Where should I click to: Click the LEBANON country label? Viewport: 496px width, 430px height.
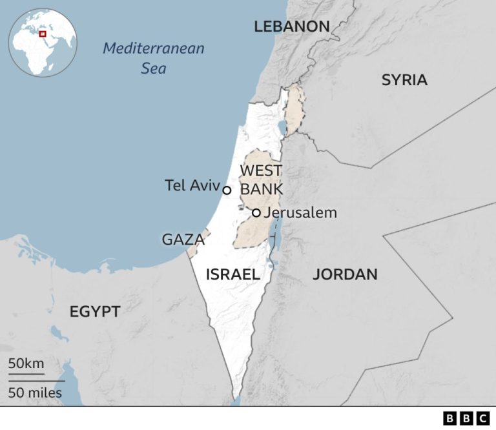[x=292, y=26]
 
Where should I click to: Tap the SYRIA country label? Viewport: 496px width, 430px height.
[x=404, y=80]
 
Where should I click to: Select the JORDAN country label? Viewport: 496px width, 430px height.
[x=345, y=274]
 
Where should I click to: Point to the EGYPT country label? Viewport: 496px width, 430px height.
[x=95, y=311]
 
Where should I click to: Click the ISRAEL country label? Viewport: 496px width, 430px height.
[x=233, y=274]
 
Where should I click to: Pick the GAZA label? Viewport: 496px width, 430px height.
[x=183, y=240]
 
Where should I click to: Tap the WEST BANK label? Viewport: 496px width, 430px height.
[x=261, y=179]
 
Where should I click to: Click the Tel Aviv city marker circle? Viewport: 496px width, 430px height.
[x=227, y=190]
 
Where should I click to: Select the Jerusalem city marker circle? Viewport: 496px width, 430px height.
[x=256, y=212]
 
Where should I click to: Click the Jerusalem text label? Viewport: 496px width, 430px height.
[x=300, y=212]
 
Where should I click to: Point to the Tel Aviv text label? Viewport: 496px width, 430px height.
[x=192, y=186]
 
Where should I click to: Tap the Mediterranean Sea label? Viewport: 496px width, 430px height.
[x=154, y=57]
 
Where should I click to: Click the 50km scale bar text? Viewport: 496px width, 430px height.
[x=26, y=363]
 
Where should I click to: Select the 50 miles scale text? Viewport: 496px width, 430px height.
[x=36, y=392]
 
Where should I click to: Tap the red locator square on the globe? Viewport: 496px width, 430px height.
[x=43, y=33]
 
